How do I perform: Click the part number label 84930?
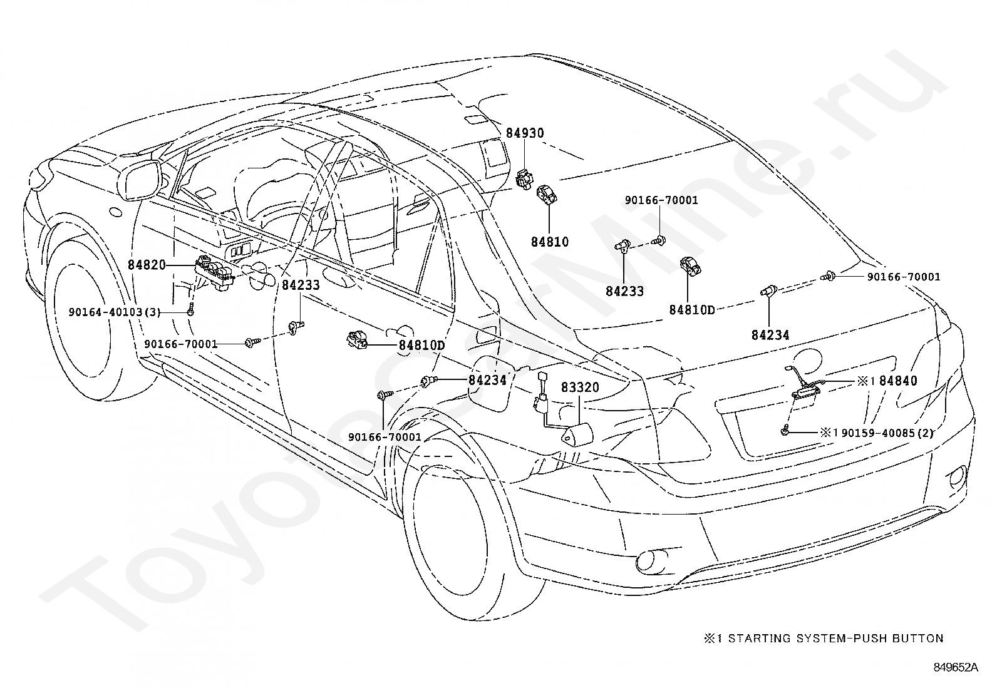(x=525, y=133)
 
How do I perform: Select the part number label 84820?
(x=147, y=265)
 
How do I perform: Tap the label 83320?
(x=580, y=387)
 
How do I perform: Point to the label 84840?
(x=898, y=381)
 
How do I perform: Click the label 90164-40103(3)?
(x=115, y=312)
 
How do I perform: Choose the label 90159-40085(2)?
(x=887, y=433)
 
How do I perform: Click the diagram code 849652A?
(x=956, y=667)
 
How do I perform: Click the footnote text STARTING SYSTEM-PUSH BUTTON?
(x=836, y=639)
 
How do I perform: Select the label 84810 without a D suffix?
(x=550, y=242)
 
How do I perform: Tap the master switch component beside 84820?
(x=215, y=272)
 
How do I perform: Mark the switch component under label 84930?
(x=524, y=179)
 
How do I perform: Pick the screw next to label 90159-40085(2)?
(x=785, y=430)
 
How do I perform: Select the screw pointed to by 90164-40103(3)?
(x=190, y=309)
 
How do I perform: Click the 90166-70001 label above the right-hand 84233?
(x=661, y=200)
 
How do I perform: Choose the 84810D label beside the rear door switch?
(x=421, y=345)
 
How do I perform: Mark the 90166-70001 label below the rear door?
(x=385, y=437)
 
